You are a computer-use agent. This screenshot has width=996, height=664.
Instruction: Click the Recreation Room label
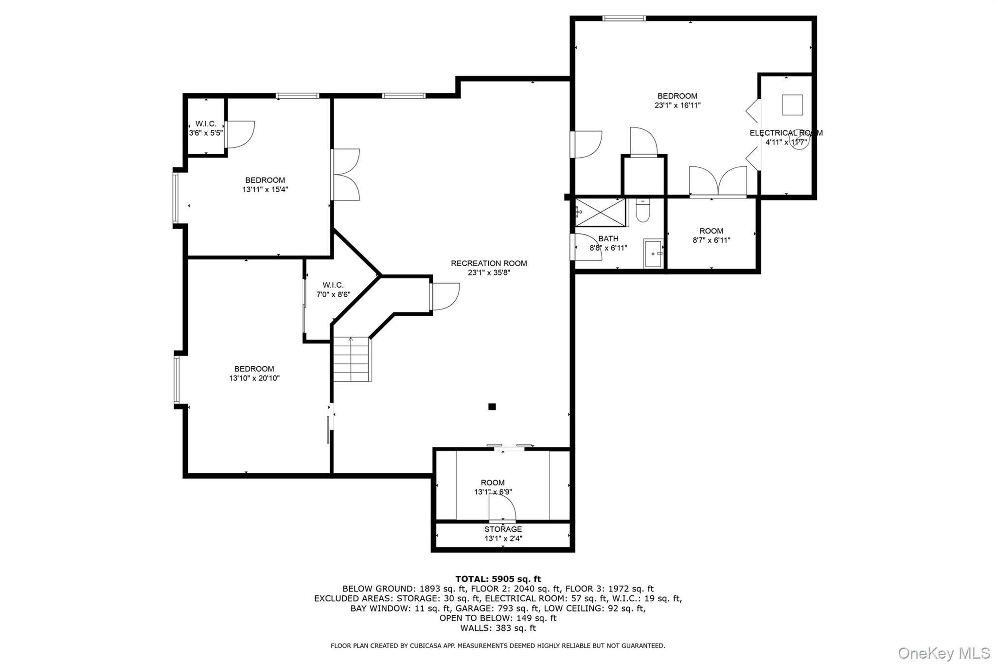(x=489, y=263)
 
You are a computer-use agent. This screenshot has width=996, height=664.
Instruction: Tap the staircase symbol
(x=352, y=359)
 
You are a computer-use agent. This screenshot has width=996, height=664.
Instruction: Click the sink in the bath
(x=653, y=253)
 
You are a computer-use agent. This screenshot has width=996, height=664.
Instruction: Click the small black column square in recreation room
(x=492, y=407)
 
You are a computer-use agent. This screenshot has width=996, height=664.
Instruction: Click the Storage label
(x=503, y=529)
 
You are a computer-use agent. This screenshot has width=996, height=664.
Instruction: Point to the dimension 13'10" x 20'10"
(x=254, y=378)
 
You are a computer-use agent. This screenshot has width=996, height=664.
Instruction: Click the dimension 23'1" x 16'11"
(x=677, y=105)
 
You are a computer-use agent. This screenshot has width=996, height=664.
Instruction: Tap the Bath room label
(x=608, y=238)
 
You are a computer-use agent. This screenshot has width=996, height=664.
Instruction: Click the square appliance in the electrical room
(x=792, y=105)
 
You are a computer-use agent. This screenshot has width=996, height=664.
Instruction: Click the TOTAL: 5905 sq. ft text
(x=498, y=579)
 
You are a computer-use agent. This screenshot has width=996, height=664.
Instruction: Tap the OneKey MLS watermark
(x=943, y=653)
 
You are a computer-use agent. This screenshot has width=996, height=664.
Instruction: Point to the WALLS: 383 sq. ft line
(x=498, y=628)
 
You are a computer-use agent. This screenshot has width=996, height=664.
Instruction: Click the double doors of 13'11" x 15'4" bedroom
(x=345, y=175)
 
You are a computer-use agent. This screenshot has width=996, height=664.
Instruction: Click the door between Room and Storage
(x=502, y=511)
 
